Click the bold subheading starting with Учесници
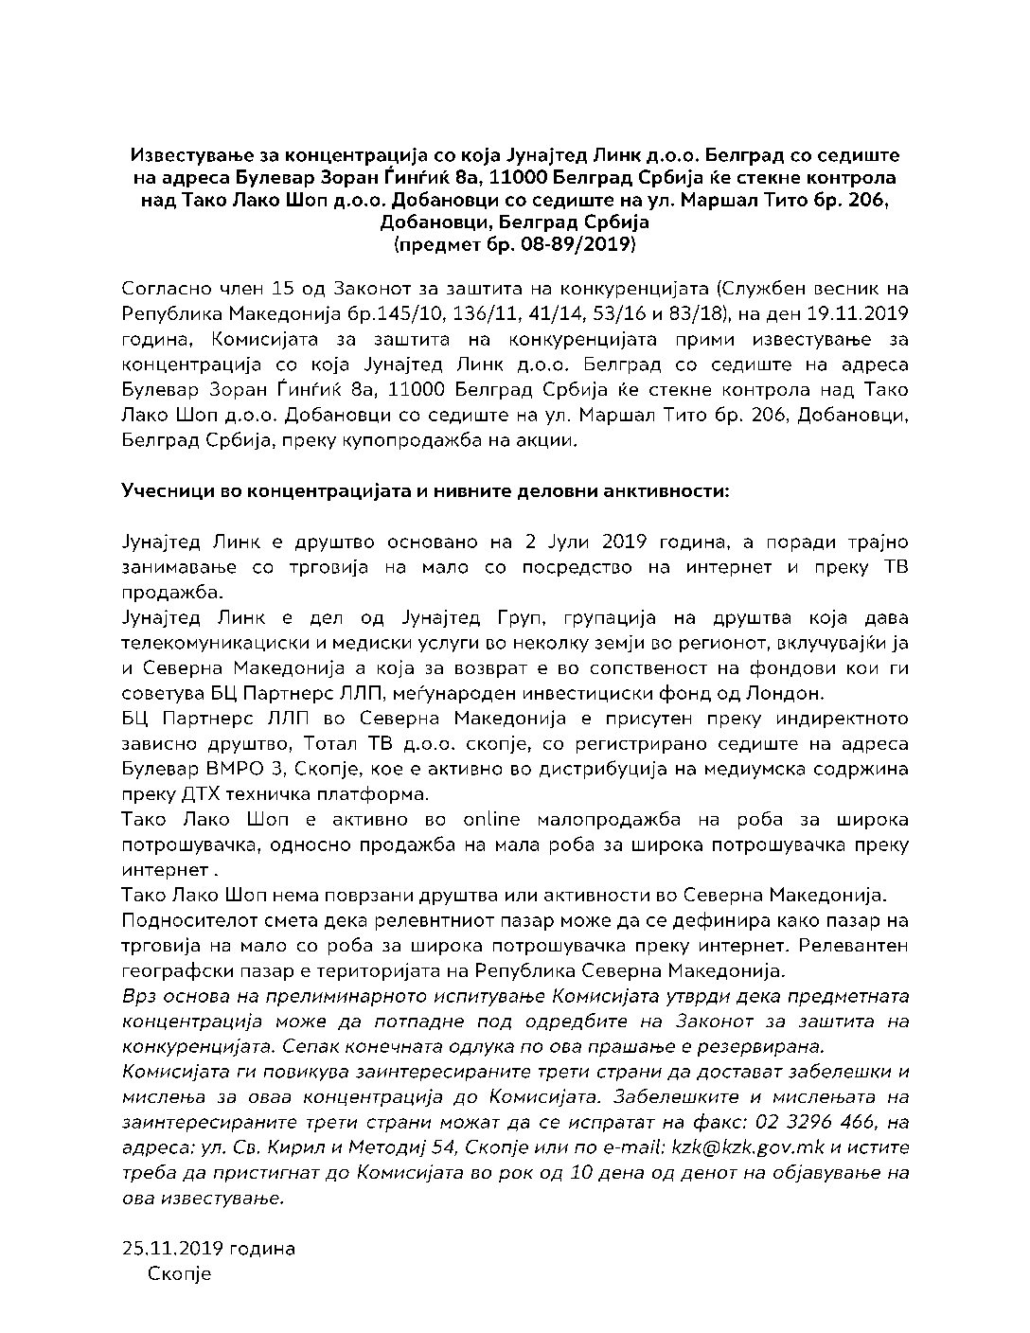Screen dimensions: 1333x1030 425,491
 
